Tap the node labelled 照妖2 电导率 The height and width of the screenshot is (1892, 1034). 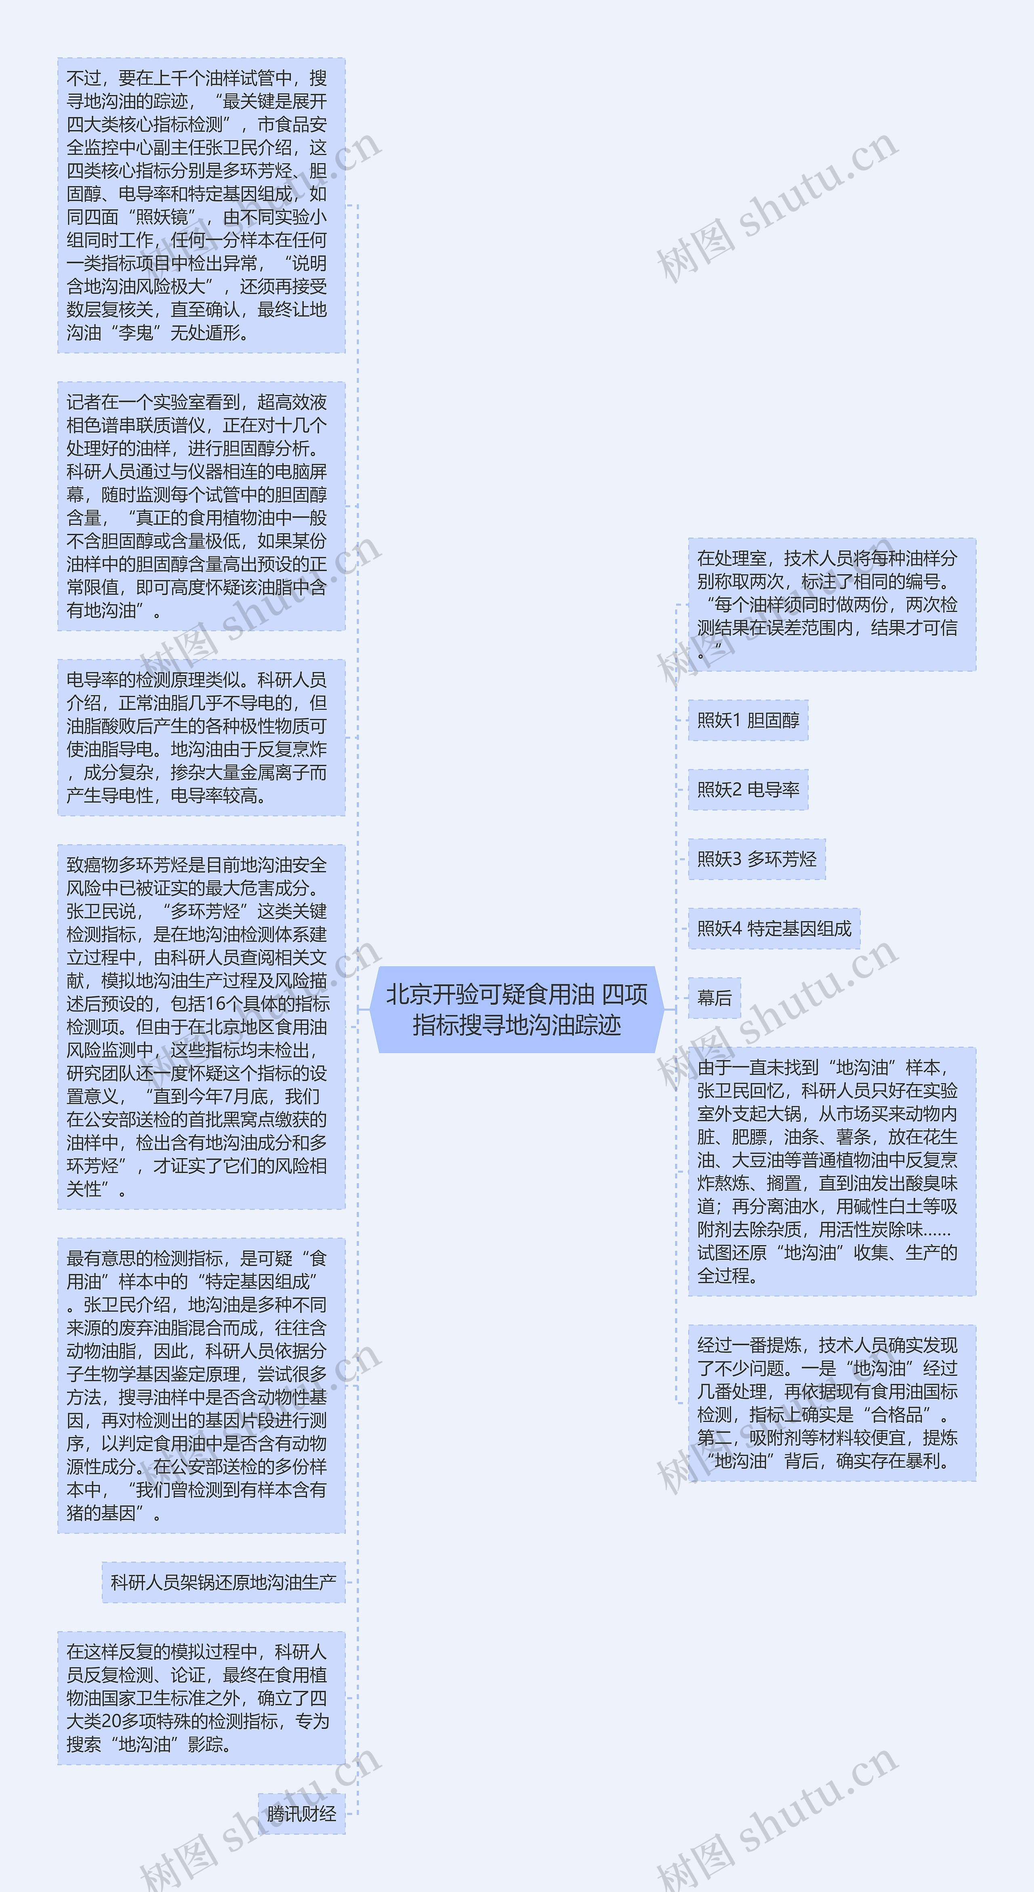[748, 790]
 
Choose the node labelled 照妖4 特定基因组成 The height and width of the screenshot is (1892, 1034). [774, 928]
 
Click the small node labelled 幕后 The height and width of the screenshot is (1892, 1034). [714, 997]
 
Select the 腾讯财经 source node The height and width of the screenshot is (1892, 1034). [301, 1813]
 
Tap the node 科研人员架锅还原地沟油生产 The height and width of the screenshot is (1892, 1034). [223, 1582]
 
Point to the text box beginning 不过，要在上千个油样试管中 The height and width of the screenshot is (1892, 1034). [201, 206]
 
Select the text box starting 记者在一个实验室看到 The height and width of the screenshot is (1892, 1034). [201, 506]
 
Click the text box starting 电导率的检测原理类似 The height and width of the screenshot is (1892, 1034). [201, 737]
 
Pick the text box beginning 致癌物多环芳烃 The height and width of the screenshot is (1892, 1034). [201, 1027]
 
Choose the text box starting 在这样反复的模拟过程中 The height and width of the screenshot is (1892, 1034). [201, 1697]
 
